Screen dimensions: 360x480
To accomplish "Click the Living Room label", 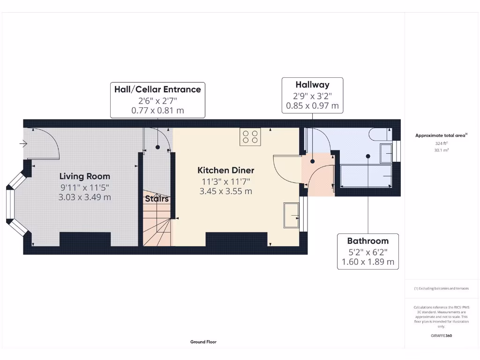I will click(85, 176).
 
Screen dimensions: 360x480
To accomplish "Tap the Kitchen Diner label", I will click(225, 170).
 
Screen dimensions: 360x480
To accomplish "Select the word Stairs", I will click(157, 199).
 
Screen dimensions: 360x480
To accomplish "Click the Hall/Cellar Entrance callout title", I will click(157, 89).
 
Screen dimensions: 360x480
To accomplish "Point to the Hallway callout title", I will click(312, 85).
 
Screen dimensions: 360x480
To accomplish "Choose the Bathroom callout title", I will click(367, 241).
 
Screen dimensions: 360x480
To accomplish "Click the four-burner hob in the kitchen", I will click(250, 136).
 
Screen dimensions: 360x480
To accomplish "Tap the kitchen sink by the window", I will click(291, 215).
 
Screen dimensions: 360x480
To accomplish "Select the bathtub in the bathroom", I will click(365, 176).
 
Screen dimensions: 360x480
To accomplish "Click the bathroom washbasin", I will click(386, 152).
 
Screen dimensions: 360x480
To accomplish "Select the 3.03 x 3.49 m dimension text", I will click(85, 197).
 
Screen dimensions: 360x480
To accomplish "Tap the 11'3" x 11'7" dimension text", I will click(225, 181).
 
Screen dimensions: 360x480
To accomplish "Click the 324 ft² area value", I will click(441, 143).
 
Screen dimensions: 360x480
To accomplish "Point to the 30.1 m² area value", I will click(441, 150).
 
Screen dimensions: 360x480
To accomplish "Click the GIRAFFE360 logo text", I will click(441, 336).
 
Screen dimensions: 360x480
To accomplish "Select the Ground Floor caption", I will click(203, 342).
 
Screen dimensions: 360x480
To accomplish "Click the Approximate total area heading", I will click(441, 135).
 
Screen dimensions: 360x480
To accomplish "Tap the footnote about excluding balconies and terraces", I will click(441, 289).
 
